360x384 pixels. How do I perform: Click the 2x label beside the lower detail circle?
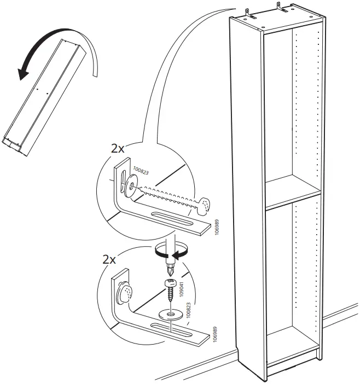110,259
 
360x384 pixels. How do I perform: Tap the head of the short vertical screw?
170,283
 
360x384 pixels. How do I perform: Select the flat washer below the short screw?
169,315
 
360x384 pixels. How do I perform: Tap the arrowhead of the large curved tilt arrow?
22,74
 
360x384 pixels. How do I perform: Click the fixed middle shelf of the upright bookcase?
292,195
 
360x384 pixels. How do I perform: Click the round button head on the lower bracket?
124,292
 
